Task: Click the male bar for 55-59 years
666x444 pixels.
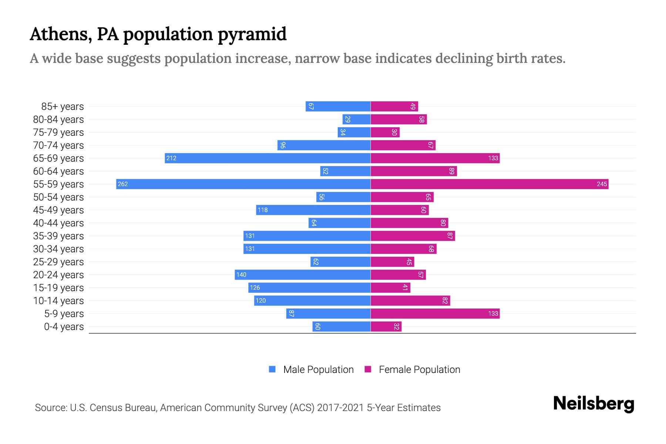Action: pyautogui.click(x=243, y=184)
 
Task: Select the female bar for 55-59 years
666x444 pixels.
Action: pyautogui.click(x=489, y=184)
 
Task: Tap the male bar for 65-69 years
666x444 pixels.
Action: pyautogui.click(x=268, y=158)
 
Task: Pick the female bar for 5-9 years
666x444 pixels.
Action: pyautogui.click(x=435, y=313)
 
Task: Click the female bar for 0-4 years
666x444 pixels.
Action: pyautogui.click(x=386, y=326)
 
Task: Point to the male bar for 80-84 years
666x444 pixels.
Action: pyautogui.click(x=356, y=119)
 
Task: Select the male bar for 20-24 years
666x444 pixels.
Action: pyautogui.click(x=302, y=275)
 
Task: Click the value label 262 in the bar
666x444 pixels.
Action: pyautogui.click(x=123, y=184)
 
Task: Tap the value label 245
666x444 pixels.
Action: pyautogui.click(x=602, y=184)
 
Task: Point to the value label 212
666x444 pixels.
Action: pyautogui.click(x=171, y=158)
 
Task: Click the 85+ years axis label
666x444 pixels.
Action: pyautogui.click(x=63, y=107)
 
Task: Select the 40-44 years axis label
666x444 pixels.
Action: pyautogui.click(x=58, y=223)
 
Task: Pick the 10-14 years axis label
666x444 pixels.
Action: pyautogui.click(x=58, y=301)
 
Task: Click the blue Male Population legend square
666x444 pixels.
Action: pyautogui.click(x=272, y=369)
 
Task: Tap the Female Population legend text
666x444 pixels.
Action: pyautogui.click(x=419, y=370)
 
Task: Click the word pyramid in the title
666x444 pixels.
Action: pyautogui.click(x=252, y=34)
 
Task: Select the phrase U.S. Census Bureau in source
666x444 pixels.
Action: pyautogui.click(x=113, y=408)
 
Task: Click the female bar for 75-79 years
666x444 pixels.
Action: pyautogui.click(x=385, y=132)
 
